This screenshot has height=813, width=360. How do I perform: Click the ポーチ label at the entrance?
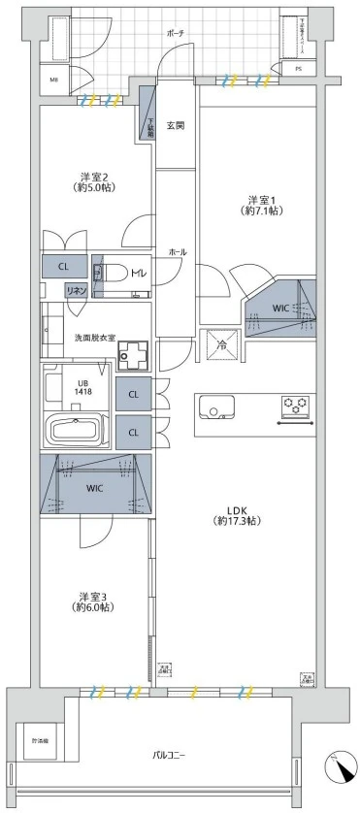[176, 32]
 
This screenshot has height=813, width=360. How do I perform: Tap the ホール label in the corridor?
[177, 251]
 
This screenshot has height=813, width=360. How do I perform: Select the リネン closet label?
[74, 289]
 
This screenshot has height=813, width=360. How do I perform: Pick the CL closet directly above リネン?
[63, 265]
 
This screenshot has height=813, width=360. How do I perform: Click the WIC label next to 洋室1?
[280, 309]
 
